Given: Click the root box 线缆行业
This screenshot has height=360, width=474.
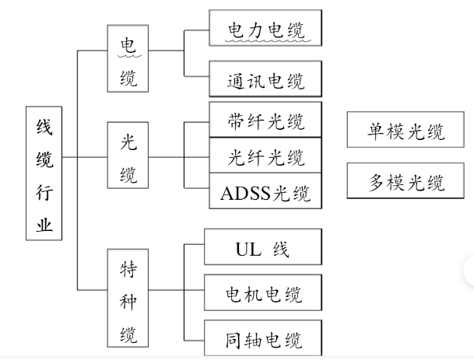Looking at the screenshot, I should (x=44, y=174).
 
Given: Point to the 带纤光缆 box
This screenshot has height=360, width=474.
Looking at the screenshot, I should (x=265, y=122).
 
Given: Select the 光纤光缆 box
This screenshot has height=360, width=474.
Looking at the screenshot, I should (x=265, y=158).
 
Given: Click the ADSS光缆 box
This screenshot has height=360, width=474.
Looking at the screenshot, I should (x=265, y=192).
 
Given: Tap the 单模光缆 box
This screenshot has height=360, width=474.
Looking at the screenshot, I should (x=406, y=131).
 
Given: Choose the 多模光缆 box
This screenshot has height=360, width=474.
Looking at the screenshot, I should (x=406, y=183).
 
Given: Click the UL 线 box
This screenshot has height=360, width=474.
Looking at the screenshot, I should (x=262, y=249).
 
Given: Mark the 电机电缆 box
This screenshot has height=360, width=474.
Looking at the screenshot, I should (x=262, y=295).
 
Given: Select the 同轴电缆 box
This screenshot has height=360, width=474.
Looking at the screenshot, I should (x=262, y=340).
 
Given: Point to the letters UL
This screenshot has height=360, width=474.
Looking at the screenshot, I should (x=246, y=250).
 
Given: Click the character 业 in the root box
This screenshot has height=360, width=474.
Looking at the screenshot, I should (x=45, y=225).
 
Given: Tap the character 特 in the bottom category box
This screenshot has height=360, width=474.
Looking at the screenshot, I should (x=128, y=269).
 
